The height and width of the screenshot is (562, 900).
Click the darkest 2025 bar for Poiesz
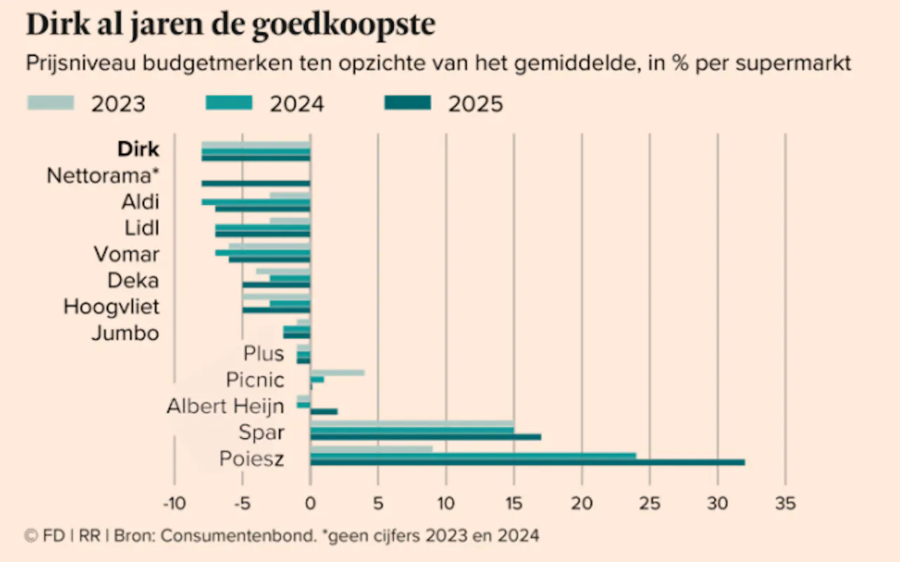[x=527, y=462]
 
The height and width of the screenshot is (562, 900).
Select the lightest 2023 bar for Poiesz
[x=371, y=449]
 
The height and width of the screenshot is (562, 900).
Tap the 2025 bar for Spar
[x=425, y=437]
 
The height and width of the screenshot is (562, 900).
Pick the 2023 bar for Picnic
[x=337, y=372]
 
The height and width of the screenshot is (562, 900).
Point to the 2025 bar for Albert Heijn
[x=324, y=411]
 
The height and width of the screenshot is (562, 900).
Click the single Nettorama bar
[x=256, y=183]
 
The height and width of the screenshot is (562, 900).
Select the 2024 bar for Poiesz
[x=472, y=455]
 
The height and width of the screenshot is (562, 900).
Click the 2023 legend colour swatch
[x=51, y=103]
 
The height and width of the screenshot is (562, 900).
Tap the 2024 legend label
[x=296, y=104]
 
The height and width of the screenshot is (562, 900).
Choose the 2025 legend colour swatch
[x=408, y=103]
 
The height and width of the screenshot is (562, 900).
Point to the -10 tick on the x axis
[x=174, y=503]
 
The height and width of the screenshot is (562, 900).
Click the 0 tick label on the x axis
[x=310, y=503]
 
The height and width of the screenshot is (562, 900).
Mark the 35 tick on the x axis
[x=785, y=503]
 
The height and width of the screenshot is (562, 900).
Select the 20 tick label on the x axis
[x=581, y=503]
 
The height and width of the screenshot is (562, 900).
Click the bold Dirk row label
[x=138, y=150]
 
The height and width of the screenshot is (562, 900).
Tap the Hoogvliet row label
[x=111, y=307]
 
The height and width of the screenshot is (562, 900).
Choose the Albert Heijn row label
[x=225, y=406]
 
